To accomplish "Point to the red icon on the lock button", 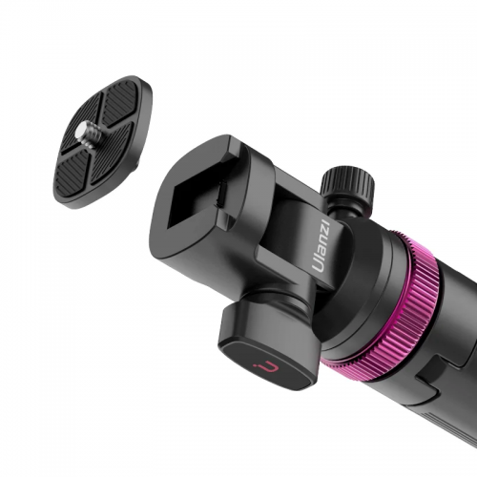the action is tap(265, 368).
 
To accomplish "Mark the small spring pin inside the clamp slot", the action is tap(221, 193).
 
